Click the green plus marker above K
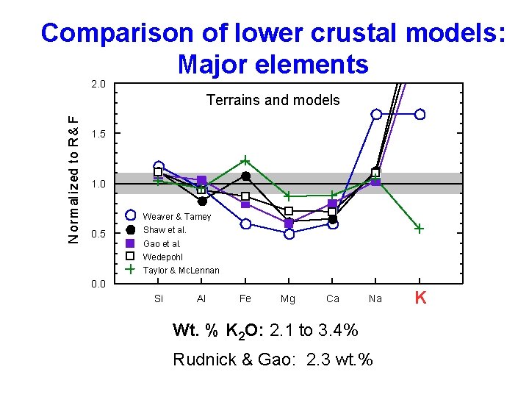tap(419, 229)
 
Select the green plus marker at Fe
tap(245, 160)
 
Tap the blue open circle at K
tap(420, 114)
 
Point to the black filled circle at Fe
tap(245, 176)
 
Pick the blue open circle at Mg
tap(289, 234)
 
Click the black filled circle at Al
tap(202, 201)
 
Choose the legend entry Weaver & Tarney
tap(176, 217)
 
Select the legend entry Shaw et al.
tap(165, 230)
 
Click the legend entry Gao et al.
tap(162, 243)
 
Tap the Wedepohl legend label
tap(163, 257)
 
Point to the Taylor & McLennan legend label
tap(181, 270)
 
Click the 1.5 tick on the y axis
tap(98, 133)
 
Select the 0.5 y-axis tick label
tap(98, 234)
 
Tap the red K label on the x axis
tap(420, 298)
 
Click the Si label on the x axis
tap(159, 298)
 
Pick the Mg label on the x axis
tap(288, 298)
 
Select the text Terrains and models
tap(273, 100)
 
